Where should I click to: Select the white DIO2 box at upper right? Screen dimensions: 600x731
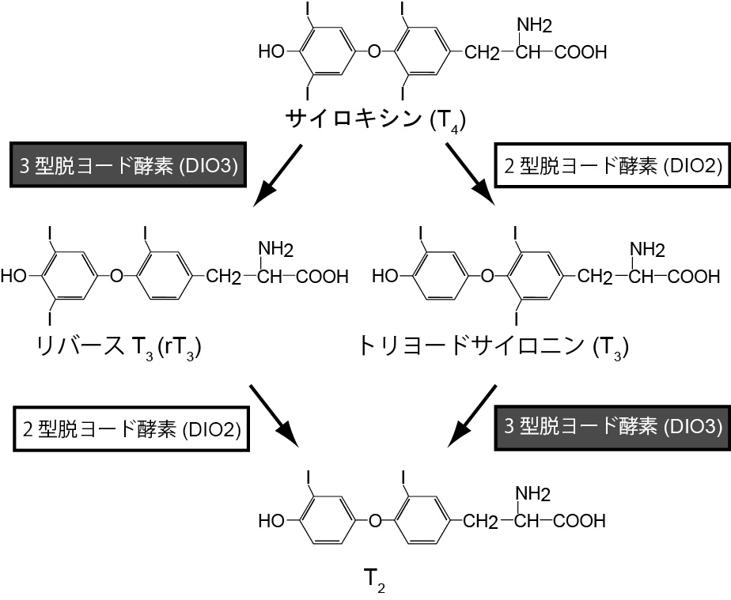pos(610,165)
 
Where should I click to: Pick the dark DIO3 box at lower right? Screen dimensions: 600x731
pos(612,427)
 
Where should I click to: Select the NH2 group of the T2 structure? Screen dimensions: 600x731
pos(532,495)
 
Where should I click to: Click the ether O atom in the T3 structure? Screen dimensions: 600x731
pos(487,277)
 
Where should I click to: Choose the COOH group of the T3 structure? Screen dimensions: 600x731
pos(693,277)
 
